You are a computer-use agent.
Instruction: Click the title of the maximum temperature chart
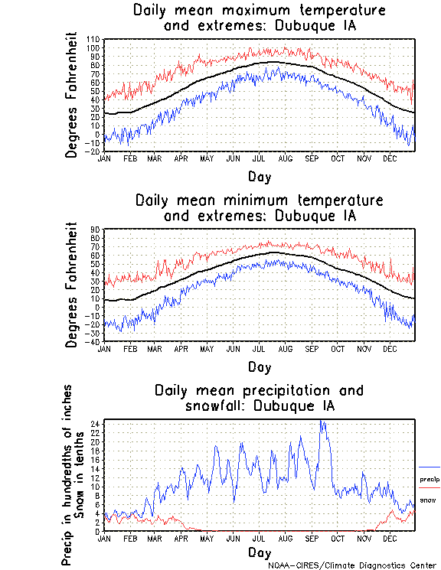tap(259, 18)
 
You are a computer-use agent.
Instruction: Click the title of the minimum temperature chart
tap(259, 208)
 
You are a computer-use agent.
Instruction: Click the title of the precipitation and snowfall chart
tap(259, 397)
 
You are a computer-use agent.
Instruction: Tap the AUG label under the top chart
tap(285, 158)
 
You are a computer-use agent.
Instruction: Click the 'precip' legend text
tap(430, 479)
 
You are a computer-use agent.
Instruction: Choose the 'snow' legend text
tap(428, 500)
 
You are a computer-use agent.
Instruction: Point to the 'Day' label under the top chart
tap(259, 176)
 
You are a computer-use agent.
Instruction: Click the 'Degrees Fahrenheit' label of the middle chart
tap(73, 285)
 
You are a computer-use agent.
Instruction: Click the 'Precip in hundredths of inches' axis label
tap(68, 475)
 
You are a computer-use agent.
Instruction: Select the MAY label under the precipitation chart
tap(206, 538)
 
